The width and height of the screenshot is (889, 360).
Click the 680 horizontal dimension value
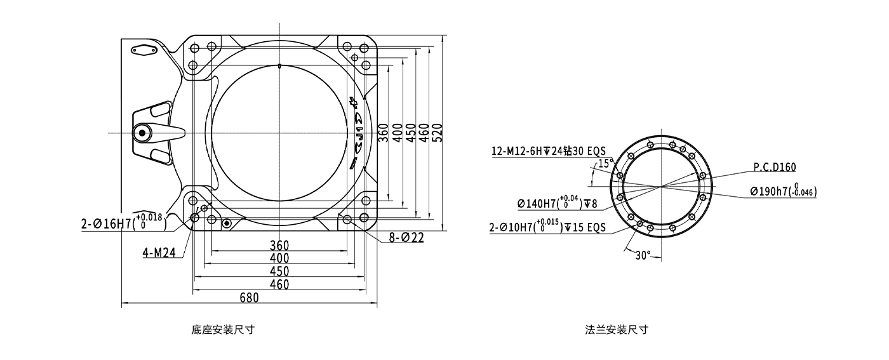tap(249, 298)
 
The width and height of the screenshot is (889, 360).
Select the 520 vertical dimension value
tap(437, 133)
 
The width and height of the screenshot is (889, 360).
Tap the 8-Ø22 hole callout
tap(406, 237)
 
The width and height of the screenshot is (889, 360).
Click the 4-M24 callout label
tap(159, 253)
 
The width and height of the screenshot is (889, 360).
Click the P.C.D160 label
tap(775, 167)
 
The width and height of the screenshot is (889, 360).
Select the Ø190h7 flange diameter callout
tap(784, 190)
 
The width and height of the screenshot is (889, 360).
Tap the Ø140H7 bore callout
tap(558, 203)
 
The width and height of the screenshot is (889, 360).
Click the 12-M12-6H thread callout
tap(549, 151)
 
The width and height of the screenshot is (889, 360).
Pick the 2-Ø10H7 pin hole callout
tap(547, 226)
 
